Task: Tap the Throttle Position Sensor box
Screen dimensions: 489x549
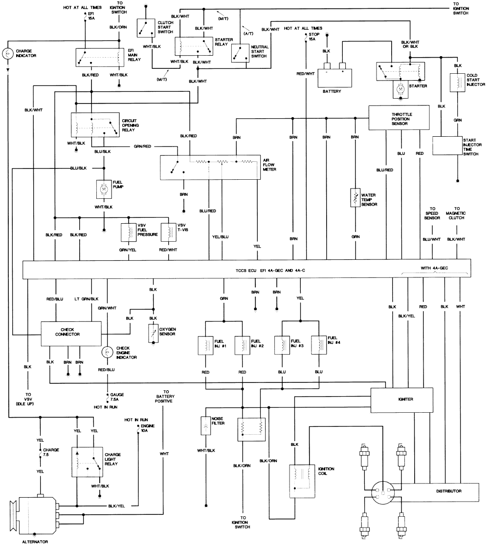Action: (x=399, y=118)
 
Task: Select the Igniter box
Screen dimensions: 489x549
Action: (x=402, y=400)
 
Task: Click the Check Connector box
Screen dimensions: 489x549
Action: (x=71, y=334)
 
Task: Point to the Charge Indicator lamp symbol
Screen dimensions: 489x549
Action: (x=7, y=54)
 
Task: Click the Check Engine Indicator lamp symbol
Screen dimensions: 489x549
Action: (x=107, y=352)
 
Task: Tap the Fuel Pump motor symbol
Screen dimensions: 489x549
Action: (x=104, y=189)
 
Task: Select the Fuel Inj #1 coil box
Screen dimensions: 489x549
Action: (x=205, y=346)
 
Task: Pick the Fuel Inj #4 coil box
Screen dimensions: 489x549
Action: (x=319, y=345)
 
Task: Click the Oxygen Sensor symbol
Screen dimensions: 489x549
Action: (x=153, y=333)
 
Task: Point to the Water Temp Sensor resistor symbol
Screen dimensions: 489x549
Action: (x=356, y=198)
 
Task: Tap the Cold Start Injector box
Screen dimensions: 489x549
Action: (x=457, y=83)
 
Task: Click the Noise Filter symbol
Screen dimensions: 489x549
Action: (x=206, y=426)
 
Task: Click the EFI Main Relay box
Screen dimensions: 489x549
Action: (x=100, y=58)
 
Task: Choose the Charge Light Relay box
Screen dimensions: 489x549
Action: (x=87, y=462)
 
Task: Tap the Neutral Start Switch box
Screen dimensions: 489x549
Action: (x=240, y=53)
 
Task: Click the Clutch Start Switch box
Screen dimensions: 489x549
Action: (x=146, y=28)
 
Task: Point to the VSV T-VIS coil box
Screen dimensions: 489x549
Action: (x=169, y=232)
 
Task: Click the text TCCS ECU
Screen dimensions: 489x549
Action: (x=246, y=271)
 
